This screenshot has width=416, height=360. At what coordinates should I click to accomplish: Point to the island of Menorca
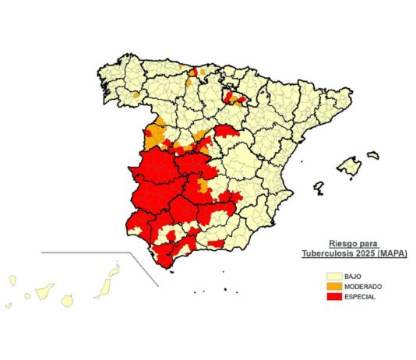(373, 155)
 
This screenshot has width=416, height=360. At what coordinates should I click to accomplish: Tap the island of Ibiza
(318, 188)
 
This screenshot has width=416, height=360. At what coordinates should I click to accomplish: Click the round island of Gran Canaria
(68, 299)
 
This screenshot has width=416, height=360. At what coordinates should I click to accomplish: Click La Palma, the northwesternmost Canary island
(13, 278)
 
